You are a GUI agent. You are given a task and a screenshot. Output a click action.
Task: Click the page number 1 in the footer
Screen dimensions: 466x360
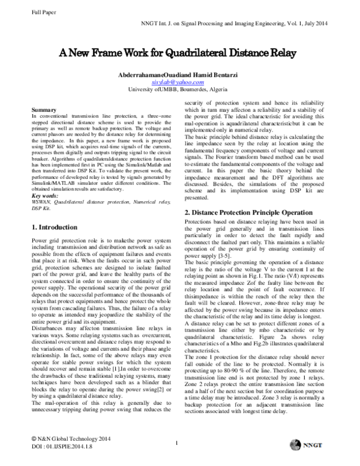179,444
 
